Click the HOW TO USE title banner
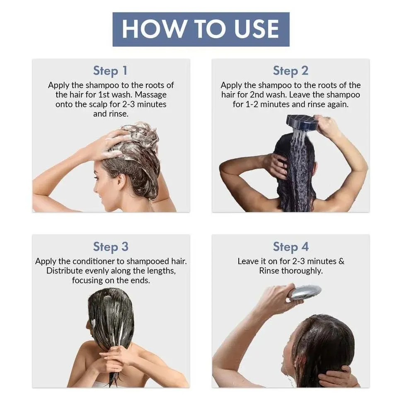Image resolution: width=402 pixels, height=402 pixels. point(201,29)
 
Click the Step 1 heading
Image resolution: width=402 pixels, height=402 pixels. point(110,70)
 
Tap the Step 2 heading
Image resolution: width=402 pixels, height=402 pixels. point(291,70)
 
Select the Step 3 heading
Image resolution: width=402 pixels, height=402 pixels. point(110,247)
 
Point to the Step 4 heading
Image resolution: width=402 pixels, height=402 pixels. point(291,247)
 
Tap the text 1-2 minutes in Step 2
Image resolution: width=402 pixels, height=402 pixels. point(271,104)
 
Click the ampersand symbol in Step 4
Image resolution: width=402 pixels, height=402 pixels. point(341,261)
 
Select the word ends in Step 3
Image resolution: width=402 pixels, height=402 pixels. point(140,280)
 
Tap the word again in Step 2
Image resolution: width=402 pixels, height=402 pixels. point(338,104)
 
